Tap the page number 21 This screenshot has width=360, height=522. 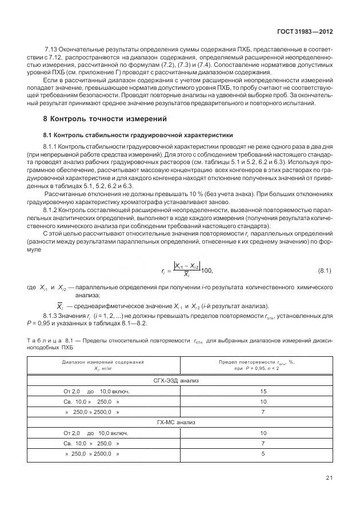click(x=328, y=477)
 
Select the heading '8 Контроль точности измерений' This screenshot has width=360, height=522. click(x=105, y=119)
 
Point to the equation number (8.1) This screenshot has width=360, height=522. click(x=324, y=269)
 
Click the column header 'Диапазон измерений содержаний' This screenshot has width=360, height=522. click(x=103, y=362)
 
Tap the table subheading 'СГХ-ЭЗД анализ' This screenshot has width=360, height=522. click(x=181, y=380)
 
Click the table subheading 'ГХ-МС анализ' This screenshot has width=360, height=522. click(x=181, y=423)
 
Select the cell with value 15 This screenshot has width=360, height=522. click(x=263, y=391)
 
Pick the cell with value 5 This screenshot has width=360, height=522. click(x=263, y=454)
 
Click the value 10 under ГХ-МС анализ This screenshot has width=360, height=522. click(x=263, y=433)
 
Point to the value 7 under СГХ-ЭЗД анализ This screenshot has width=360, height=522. click(x=263, y=412)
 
